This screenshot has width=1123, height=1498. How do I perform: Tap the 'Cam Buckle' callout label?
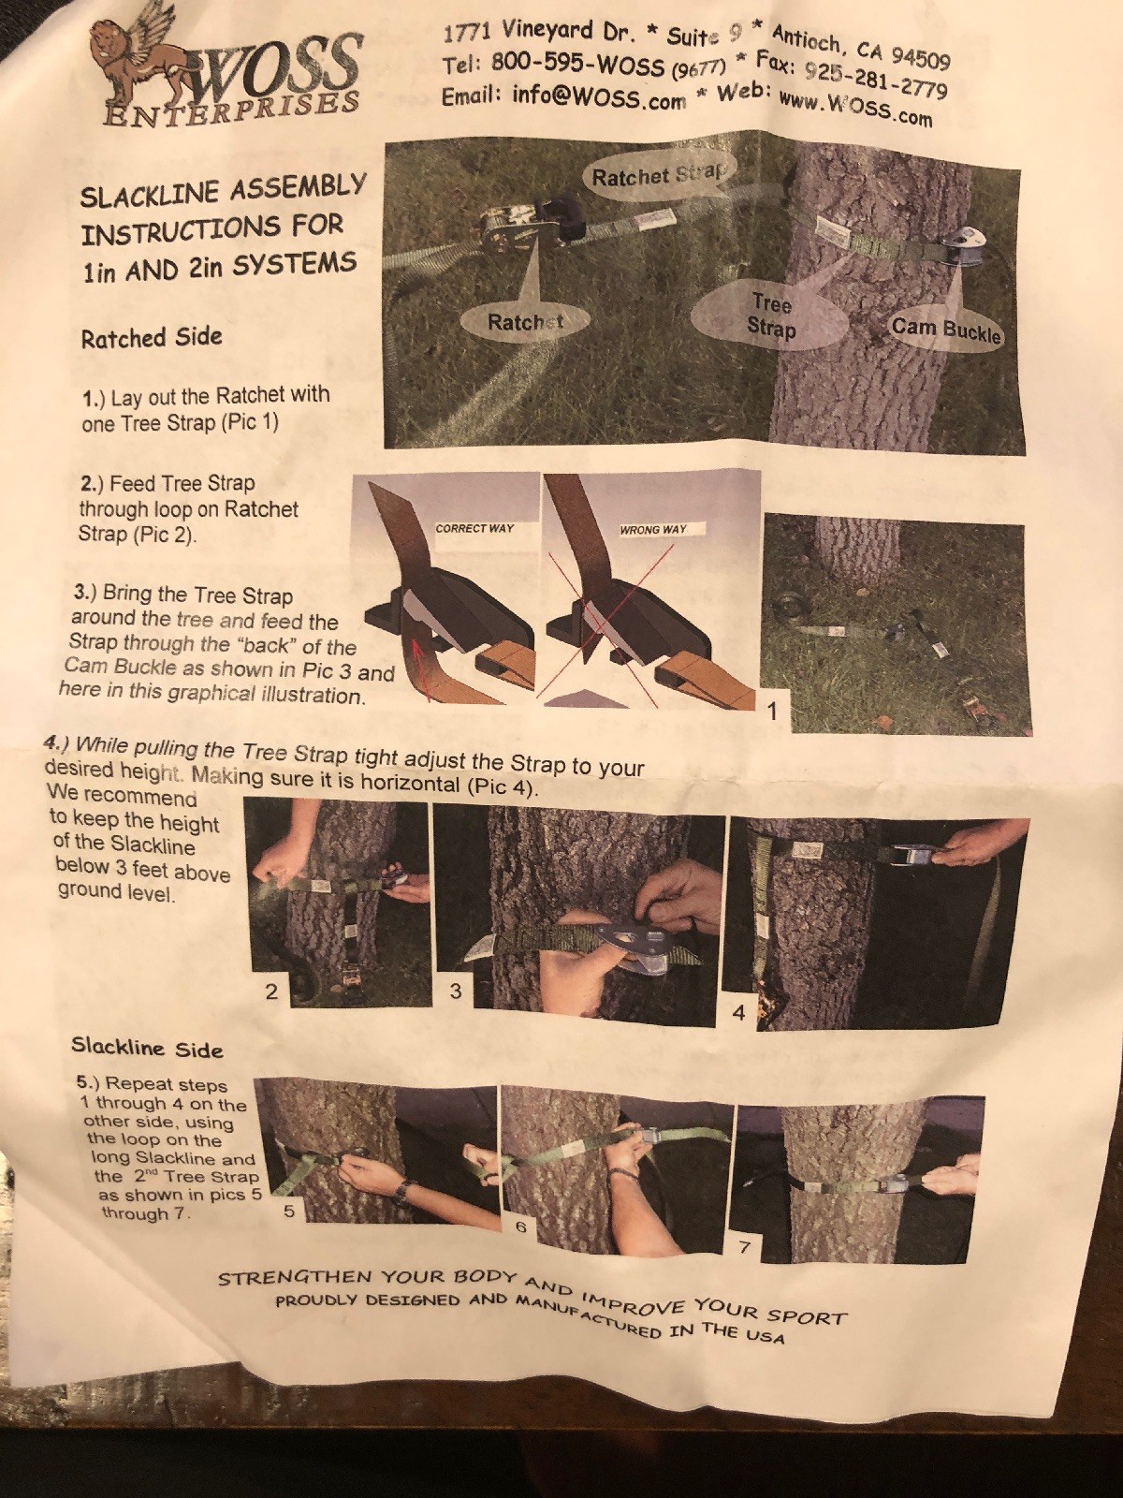[x=946, y=331]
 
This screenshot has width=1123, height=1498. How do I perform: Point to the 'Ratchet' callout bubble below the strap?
[x=524, y=321]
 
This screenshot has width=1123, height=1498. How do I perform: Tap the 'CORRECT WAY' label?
[x=474, y=528]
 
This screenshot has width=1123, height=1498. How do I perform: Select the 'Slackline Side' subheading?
[x=147, y=1049]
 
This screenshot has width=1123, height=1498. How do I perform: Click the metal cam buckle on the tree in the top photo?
[x=954, y=250]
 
